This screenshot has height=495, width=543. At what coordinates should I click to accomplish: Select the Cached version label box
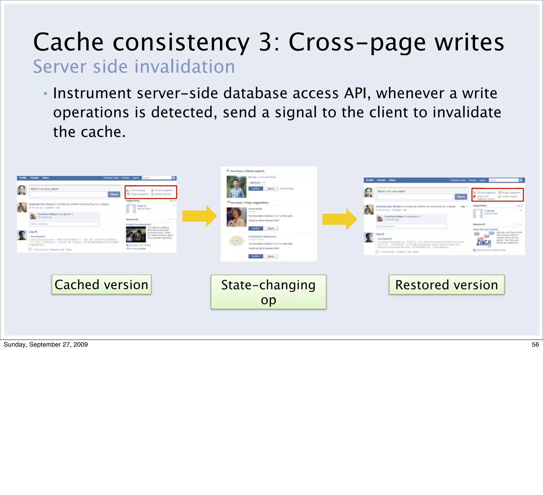pyautogui.click(x=101, y=285)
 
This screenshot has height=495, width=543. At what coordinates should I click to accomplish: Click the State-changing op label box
pyautogui.click(x=268, y=292)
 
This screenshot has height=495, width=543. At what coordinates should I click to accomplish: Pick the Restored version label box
pyautogui.click(x=446, y=285)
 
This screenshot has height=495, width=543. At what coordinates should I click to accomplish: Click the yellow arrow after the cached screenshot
pyautogui.click(x=200, y=216)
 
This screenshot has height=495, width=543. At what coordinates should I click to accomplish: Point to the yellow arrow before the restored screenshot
pyautogui.click(x=339, y=219)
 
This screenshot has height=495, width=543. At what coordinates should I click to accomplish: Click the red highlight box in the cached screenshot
pyautogui.click(x=151, y=192)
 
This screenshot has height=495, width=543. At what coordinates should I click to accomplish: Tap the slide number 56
pyautogui.click(x=535, y=345)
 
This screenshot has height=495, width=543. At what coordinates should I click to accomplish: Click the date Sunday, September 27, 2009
pyautogui.click(x=46, y=345)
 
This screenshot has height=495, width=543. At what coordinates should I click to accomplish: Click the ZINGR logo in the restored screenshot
pyautogui.click(x=483, y=242)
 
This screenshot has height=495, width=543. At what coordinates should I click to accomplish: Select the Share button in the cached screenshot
pyautogui.click(x=114, y=194)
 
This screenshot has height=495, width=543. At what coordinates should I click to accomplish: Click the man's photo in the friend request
pyautogui.click(x=236, y=187)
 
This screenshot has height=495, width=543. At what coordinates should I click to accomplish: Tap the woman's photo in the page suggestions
pyautogui.click(x=236, y=217)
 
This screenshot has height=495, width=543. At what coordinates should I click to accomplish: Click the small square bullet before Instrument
pyautogui.click(x=45, y=93)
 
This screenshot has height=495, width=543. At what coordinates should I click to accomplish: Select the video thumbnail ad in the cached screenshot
pyautogui.click(x=136, y=234)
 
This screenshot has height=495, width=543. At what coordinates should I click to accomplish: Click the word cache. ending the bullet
pyautogui.click(x=103, y=132)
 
